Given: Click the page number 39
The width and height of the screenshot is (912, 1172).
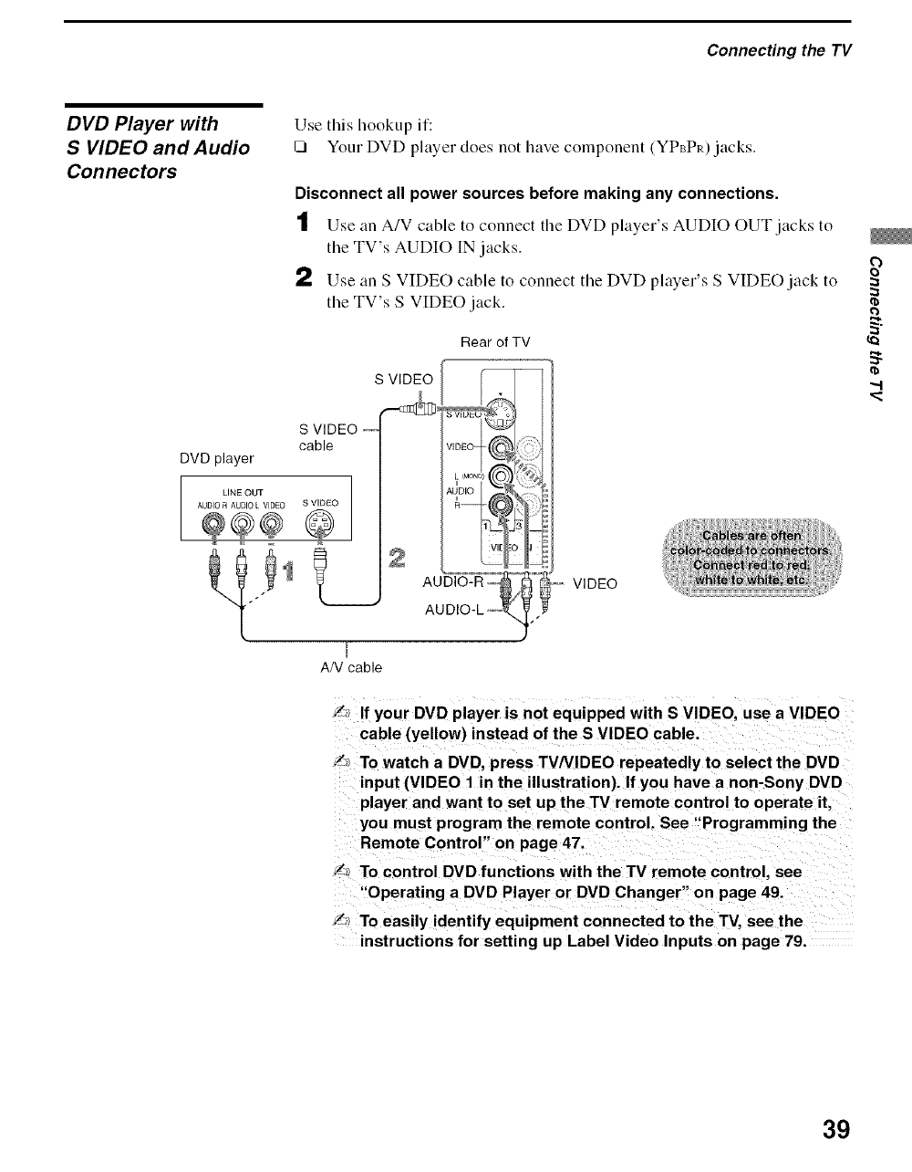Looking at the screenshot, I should [x=835, y=1129].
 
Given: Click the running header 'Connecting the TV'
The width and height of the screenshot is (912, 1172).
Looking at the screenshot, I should [x=779, y=49].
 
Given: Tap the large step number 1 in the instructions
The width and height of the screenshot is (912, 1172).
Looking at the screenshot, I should [x=304, y=222].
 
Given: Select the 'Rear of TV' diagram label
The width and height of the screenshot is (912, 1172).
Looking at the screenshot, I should [x=495, y=342].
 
